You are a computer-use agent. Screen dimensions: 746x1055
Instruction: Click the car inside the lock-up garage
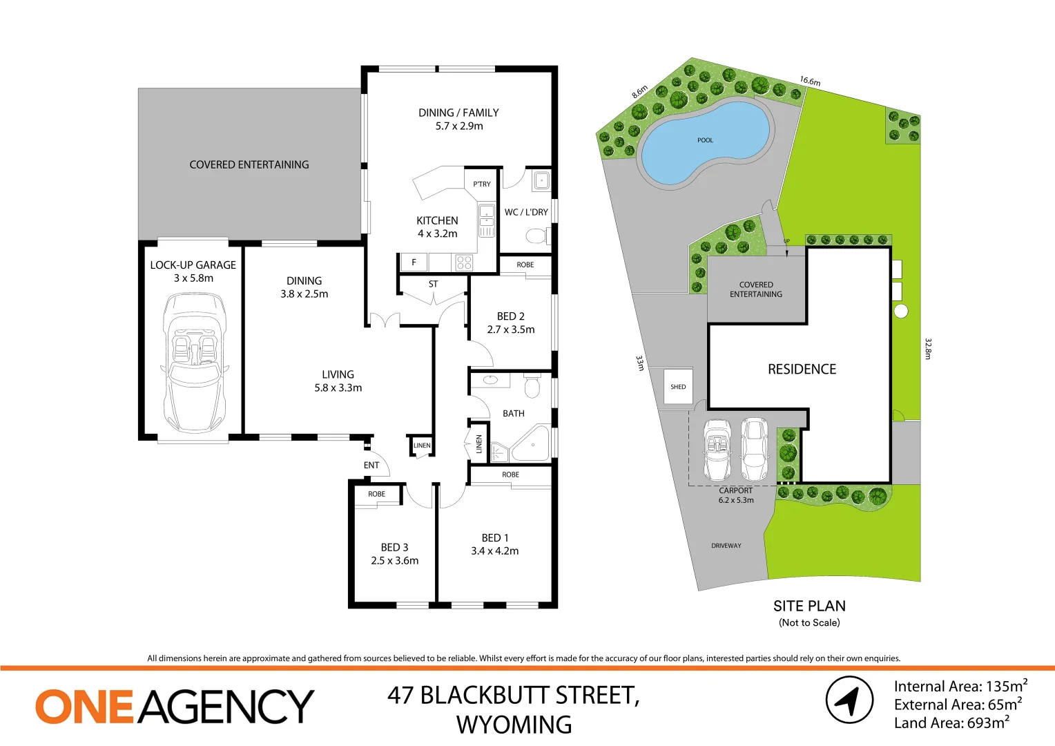click(x=193, y=363)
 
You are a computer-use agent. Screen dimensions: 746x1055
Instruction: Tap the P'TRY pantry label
click(x=482, y=184)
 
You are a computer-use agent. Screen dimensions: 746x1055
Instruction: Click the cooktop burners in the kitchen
click(x=464, y=262)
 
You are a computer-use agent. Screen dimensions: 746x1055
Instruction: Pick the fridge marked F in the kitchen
click(x=414, y=262)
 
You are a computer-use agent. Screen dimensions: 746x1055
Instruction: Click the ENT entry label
click(x=371, y=466)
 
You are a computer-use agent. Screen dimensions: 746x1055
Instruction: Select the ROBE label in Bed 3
click(x=376, y=495)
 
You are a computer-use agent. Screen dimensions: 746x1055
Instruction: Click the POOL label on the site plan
click(x=705, y=140)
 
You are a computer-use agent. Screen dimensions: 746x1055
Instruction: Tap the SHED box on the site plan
click(x=678, y=388)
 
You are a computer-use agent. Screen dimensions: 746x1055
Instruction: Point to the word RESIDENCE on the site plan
click(x=802, y=370)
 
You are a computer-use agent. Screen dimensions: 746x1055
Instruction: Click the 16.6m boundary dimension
click(x=810, y=82)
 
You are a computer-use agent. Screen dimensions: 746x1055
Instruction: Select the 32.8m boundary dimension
click(x=928, y=348)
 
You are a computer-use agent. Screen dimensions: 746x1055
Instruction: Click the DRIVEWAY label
click(x=726, y=546)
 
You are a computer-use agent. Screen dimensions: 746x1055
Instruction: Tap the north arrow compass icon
click(x=849, y=700)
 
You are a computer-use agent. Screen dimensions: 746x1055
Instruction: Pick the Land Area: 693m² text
click(x=951, y=723)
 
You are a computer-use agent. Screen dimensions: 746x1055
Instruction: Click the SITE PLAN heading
click(x=809, y=606)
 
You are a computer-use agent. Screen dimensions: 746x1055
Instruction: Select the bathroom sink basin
click(x=490, y=379)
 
